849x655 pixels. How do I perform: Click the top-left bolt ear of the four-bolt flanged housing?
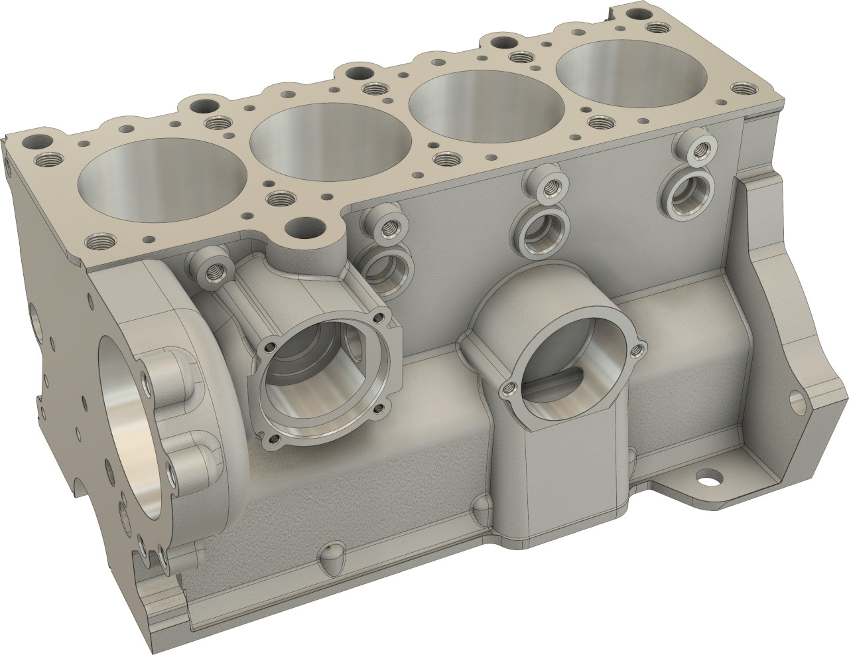pos(269,346)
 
